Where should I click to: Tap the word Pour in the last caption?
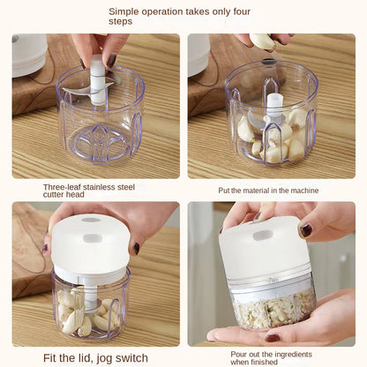(x=241, y=353)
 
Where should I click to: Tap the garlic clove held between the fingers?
(x=262, y=41)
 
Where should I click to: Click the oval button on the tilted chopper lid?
(x=263, y=236)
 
